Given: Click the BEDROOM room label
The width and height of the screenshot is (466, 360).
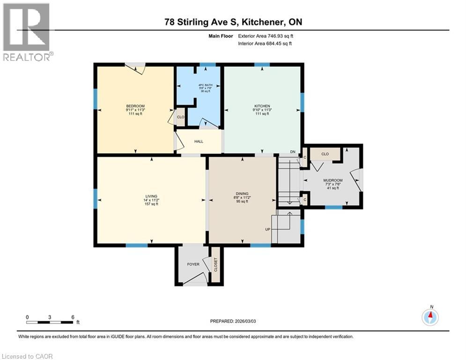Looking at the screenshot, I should pyautogui.click(x=135, y=105).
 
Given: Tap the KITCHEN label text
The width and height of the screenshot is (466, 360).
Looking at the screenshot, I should pyautogui.click(x=262, y=106).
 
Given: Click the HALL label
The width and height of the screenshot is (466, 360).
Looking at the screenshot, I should pyautogui.click(x=199, y=142).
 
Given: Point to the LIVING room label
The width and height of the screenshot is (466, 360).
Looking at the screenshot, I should pyautogui.click(x=151, y=196).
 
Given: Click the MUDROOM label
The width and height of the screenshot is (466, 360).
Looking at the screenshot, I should pyautogui.click(x=333, y=180).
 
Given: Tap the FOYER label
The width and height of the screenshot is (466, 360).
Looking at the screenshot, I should pyautogui.click(x=193, y=264).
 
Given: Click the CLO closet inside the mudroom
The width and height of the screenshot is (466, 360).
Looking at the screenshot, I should pyautogui.click(x=325, y=153).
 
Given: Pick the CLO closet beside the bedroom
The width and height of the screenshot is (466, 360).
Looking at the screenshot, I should pyautogui.click(x=180, y=117).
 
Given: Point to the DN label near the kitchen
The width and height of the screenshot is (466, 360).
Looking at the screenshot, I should pyautogui.click(x=293, y=151).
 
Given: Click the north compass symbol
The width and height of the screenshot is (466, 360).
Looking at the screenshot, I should pyautogui.click(x=429, y=317).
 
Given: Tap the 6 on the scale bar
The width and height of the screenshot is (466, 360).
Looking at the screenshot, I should pyautogui.click(x=73, y=317).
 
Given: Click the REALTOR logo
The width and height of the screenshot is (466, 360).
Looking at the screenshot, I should pyautogui.click(x=27, y=32).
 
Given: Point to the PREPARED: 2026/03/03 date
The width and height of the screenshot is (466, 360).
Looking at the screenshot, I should pyautogui.click(x=233, y=321).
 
